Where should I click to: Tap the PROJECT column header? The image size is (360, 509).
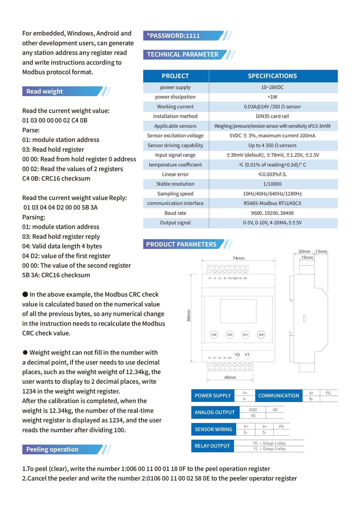pyautogui.click(x=175, y=76)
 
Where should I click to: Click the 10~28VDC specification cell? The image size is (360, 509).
pyautogui.click(x=272, y=87)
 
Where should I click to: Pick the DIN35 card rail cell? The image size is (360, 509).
pyautogui.click(x=272, y=116)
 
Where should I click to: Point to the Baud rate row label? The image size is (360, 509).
pyautogui.click(x=175, y=213)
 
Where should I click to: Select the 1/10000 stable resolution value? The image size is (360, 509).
pyautogui.click(x=272, y=184)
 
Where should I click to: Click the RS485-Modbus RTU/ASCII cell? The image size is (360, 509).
pyautogui.click(x=272, y=203)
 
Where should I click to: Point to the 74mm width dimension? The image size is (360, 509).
pyautogui.click(x=238, y=258)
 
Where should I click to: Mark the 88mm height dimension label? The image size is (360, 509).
pyautogui.click(x=189, y=315)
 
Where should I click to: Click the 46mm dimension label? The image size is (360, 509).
pyautogui.click(x=230, y=378)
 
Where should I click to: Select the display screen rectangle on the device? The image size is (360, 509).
pyautogui.click(x=238, y=311)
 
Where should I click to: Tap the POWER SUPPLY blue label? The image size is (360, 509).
pyautogui.click(x=213, y=396)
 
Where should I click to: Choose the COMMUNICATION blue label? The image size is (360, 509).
pyautogui.click(x=279, y=396)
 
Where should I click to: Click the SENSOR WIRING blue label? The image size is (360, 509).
pyautogui.click(x=213, y=429)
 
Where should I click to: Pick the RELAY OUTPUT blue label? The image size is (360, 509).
pyautogui.click(x=212, y=446)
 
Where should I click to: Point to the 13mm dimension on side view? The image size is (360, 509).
pyautogui.click(x=321, y=252)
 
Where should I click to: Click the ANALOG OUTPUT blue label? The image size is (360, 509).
pyautogui.click(x=215, y=413)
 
